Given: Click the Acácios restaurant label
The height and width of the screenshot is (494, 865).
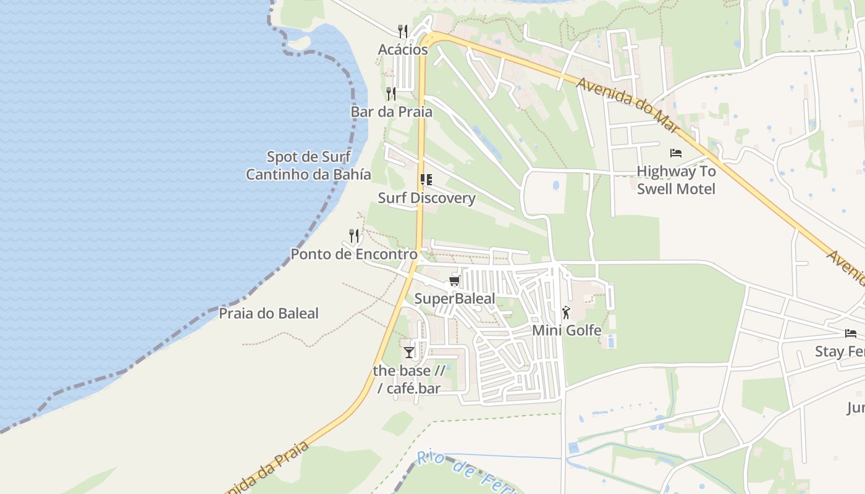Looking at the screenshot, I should [x=403, y=49].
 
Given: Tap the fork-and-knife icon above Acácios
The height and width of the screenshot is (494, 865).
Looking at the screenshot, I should [x=403, y=31].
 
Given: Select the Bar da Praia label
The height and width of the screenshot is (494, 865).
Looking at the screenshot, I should [x=391, y=112].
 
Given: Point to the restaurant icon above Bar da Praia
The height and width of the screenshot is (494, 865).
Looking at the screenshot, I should [x=391, y=93].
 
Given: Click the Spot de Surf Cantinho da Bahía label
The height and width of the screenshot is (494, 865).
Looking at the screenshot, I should [x=308, y=165].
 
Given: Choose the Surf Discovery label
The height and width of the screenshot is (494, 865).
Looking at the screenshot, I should [x=426, y=198].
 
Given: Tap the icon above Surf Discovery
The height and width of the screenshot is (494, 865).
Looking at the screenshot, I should [x=426, y=180].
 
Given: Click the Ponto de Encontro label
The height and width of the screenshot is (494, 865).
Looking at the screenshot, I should [x=354, y=254].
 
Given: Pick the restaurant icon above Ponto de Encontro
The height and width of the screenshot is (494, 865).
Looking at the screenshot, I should [x=354, y=235].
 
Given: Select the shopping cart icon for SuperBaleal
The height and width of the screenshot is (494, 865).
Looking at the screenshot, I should [x=455, y=281].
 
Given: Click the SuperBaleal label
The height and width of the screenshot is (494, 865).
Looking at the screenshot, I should [x=455, y=299].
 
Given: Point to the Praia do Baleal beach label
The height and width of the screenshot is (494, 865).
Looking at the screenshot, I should [x=269, y=313].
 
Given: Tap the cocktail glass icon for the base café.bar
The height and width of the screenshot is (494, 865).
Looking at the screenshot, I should [x=409, y=353].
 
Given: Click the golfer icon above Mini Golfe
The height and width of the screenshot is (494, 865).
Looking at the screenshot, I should [x=566, y=312].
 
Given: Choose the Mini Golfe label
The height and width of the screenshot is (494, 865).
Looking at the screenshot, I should [x=567, y=330].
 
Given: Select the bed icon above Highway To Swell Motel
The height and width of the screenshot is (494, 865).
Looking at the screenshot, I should [x=676, y=153].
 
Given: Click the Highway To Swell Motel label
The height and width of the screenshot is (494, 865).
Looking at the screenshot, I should [x=676, y=180].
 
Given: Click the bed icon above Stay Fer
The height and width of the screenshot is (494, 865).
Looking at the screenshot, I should [x=851, y=333].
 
